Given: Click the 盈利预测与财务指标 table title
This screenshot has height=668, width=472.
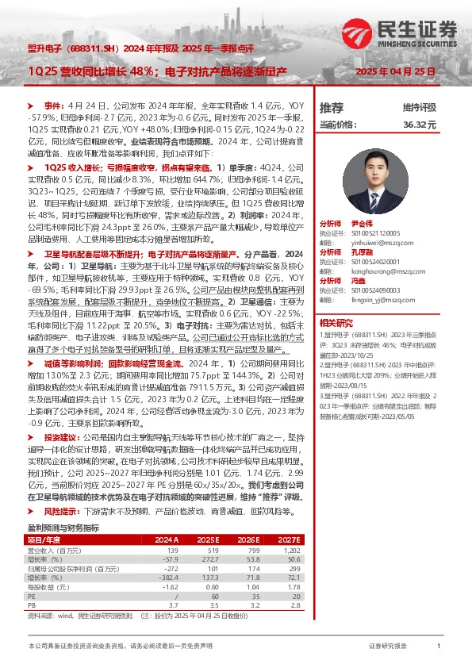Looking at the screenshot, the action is click(x=63, y=505).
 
